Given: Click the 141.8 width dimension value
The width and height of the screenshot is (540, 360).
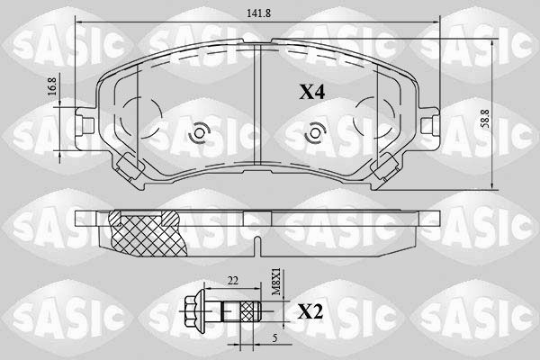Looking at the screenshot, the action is (x=259, y=13).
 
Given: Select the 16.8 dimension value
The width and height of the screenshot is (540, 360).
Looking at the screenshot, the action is (x=52, y=86).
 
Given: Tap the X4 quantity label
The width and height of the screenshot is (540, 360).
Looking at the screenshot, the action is (x=311, y=93).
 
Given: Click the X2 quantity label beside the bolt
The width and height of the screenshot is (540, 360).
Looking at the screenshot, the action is (x=310, y=312).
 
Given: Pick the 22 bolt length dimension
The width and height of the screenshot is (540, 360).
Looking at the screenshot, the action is (x=233, y=281).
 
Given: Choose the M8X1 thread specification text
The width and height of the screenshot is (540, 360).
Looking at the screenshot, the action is (x=276, y=283).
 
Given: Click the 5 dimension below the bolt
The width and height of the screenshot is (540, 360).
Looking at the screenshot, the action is (x=274, y=338).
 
